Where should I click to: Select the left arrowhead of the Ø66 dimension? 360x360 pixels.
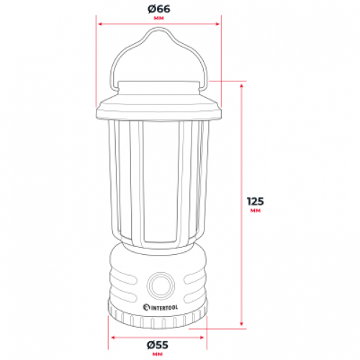click(99, 22)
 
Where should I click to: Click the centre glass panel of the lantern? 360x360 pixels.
click(158, 184)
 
